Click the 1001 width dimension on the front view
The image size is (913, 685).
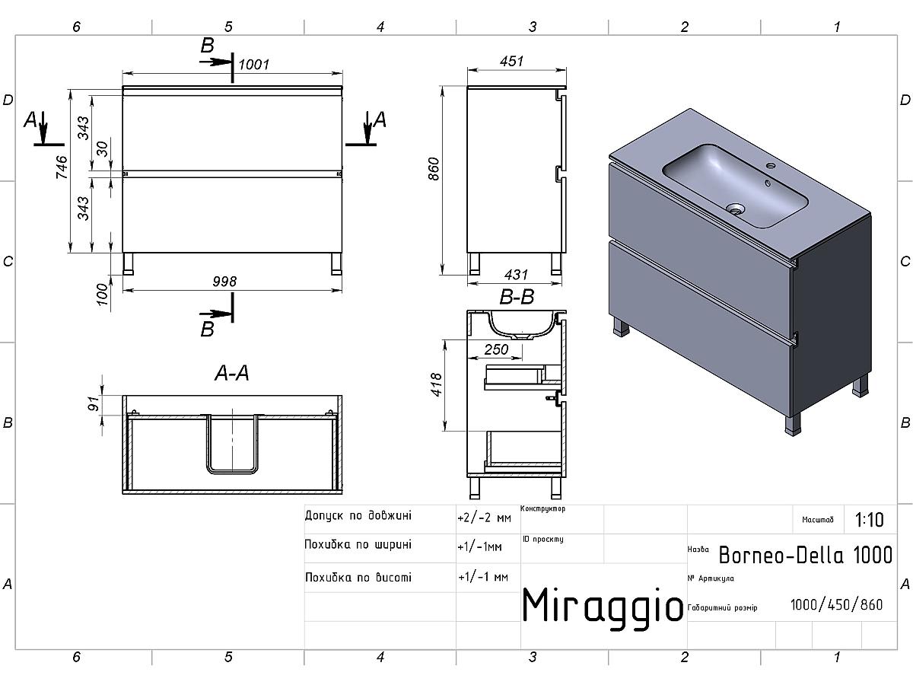(253, 65)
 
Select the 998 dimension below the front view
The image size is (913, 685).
(224, 282)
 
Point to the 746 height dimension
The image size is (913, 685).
(62, 167)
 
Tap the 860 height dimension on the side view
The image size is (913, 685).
(434, 169)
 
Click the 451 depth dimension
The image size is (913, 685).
(511, 61)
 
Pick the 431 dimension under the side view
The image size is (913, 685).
(516, 275)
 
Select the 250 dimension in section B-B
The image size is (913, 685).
(496, 349)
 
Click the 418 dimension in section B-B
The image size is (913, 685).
(436, 384)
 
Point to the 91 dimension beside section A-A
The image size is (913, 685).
(94, 403)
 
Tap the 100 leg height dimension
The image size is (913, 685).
(102, 295)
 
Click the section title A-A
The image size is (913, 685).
(232, 373)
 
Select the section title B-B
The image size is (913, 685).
(517, 297)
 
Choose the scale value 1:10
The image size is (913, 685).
(870, 520)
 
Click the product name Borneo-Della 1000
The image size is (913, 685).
(806, 555)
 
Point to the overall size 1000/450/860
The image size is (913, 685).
(836, 605)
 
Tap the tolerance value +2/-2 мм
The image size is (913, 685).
(484, 518)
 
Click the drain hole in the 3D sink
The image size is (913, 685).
(736, 208)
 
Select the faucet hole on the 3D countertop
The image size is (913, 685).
(771, 165)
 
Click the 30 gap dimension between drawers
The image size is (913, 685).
(102, 149)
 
